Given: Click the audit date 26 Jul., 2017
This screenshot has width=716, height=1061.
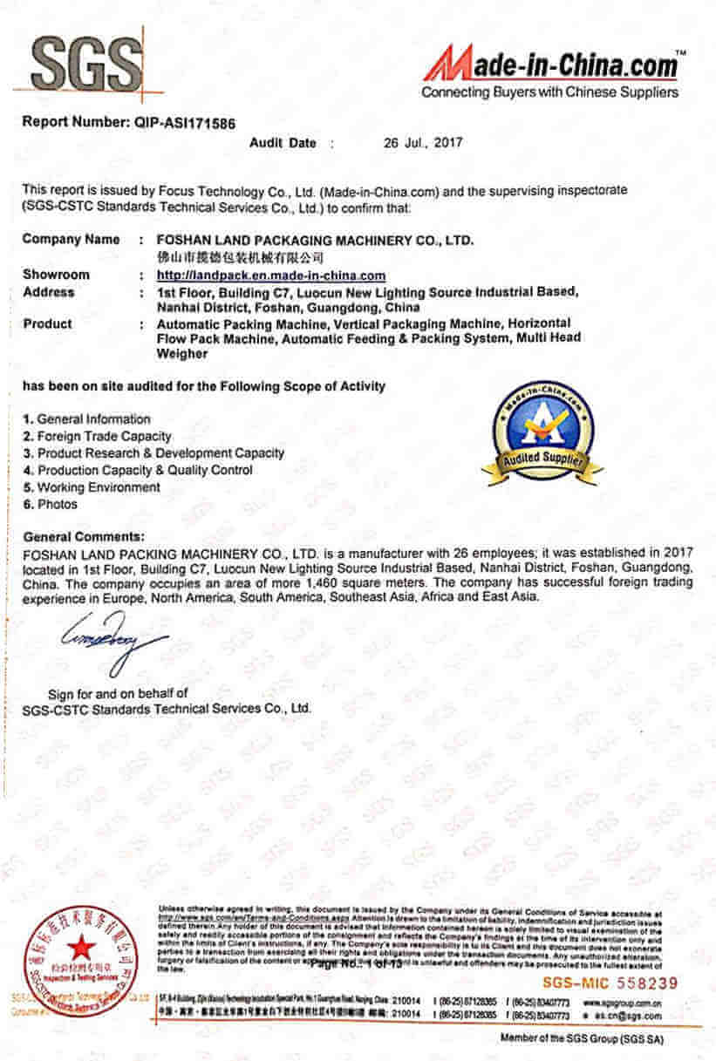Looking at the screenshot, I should [423, 142].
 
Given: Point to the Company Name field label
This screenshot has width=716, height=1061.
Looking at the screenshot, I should [72, 239].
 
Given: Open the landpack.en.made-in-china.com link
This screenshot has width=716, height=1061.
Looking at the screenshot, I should [270, 275].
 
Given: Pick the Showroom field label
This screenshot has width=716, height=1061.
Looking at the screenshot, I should [56, 275].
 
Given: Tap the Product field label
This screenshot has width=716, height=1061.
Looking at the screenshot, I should [48, 323].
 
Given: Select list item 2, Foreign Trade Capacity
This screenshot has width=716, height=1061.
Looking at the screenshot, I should [98, 436].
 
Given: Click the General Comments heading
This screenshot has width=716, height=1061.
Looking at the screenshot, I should [84, 536].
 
